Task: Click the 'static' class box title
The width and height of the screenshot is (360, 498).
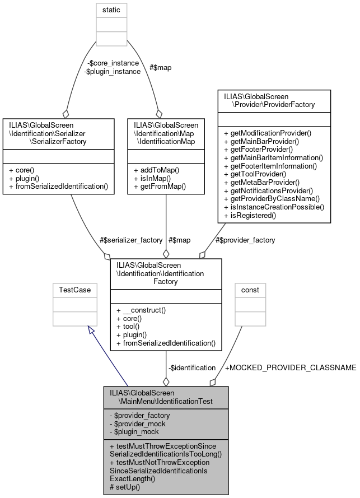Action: (111, 10)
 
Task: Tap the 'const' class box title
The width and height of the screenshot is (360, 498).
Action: (250, 290)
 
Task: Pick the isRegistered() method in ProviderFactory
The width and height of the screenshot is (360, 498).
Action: (250, 215)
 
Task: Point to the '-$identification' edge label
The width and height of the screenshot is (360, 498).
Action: (192, 367)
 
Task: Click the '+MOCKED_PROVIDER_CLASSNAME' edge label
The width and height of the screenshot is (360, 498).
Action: (290, 367)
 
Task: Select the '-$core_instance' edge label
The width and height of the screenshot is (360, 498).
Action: (112, 63)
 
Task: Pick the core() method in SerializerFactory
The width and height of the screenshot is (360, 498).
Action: (25, 170)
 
